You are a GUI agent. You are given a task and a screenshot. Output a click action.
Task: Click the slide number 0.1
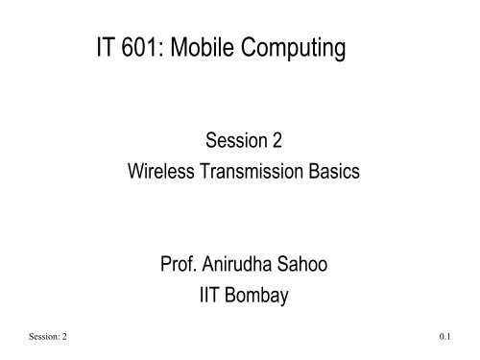(x=444, y=337)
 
